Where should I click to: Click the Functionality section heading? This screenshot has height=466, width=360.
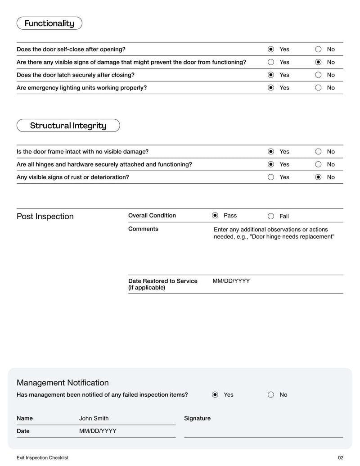tap(49, 23)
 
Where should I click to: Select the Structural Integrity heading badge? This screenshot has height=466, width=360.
tap(68, 126)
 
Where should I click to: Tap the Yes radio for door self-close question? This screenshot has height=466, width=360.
tap(271, 49)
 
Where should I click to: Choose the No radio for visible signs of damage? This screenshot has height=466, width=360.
tap(319, 62)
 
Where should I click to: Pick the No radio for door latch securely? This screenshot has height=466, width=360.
tap(319, 75)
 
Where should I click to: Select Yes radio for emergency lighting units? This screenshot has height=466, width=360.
tap(271, 88)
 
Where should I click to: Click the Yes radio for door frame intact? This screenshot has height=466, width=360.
tap(271, 152)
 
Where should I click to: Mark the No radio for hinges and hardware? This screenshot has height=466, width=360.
tap(319, 164)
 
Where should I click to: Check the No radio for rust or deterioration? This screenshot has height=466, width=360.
tap(319, 177)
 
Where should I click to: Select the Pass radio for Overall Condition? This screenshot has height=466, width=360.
tap(215, 216)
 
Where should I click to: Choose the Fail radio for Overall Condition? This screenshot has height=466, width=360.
tap(271, 216)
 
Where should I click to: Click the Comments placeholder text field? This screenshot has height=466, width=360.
tap(274, 233)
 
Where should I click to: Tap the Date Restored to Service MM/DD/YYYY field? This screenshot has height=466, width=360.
tap(231, 281)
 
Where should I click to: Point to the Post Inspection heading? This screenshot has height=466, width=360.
tap(45, 217)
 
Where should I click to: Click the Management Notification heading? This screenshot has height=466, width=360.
tap(63, 383)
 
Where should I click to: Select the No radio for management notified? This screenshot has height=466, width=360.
tap(271, 395)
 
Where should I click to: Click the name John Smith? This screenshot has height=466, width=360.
tap(94, 418)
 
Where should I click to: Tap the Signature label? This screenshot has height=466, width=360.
tap(197, 418)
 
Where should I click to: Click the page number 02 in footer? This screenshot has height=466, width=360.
tap(340, 457)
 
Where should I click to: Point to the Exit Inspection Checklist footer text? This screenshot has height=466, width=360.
tap(42, 457)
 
